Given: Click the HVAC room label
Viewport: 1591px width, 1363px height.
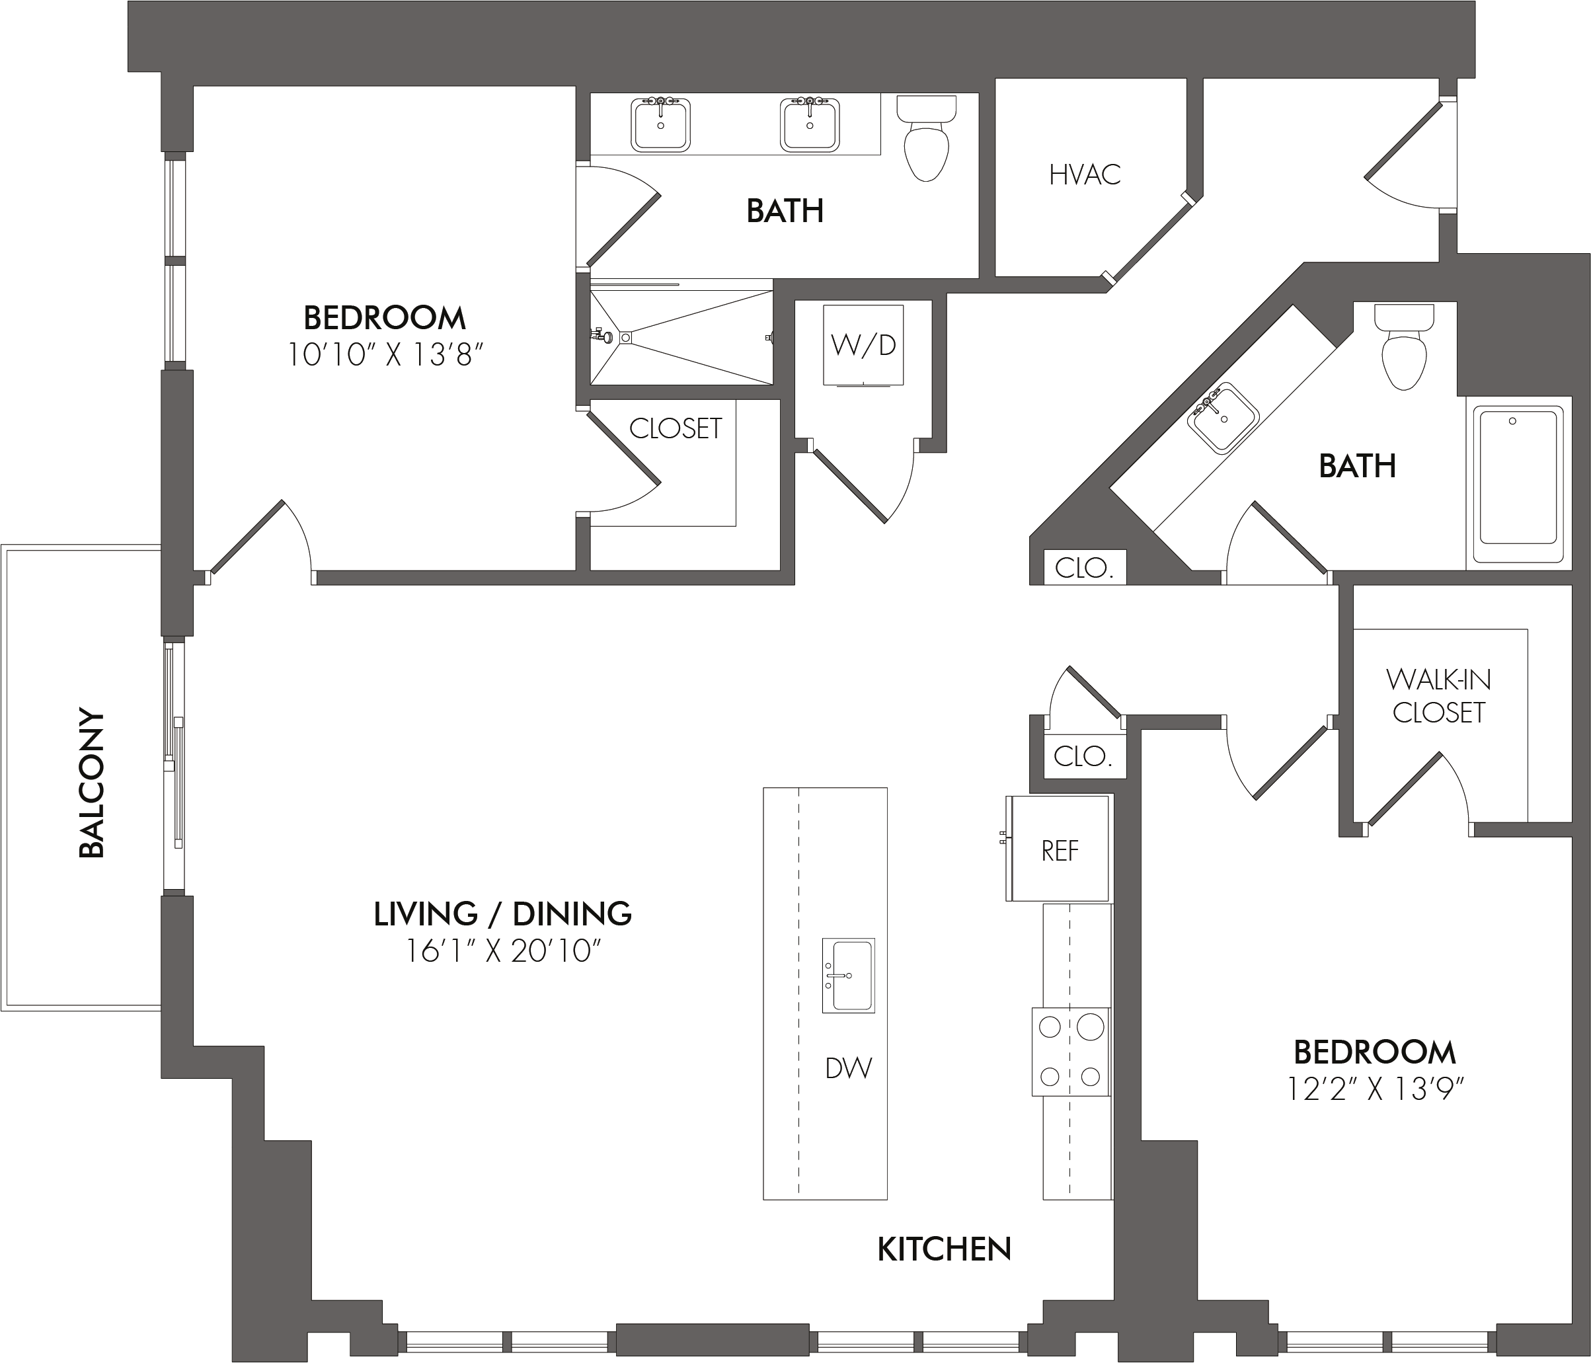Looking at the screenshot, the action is click(1084, 175).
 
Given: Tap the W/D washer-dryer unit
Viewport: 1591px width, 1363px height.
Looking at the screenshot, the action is click(863, 345).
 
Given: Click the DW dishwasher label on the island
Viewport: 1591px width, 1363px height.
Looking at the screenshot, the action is click(849, 1068).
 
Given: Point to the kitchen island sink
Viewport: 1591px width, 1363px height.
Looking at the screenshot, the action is click(849, 975).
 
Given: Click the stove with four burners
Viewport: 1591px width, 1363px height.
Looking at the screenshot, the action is click(1070, 1051).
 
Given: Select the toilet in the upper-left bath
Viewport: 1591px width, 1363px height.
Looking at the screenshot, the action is click(927, 138).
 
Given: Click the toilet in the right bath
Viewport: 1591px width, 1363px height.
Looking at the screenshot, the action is click(1405, 347).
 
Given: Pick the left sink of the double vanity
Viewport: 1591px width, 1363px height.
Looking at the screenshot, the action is click(660, 124).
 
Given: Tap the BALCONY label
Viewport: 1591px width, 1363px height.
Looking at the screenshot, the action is click(91, 783).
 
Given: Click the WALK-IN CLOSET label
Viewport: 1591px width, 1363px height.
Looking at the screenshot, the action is click(1438, 695).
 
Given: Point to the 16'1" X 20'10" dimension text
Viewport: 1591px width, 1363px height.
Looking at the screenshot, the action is click(502, 952).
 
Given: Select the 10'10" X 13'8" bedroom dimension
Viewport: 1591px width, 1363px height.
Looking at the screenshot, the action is click(385, 356).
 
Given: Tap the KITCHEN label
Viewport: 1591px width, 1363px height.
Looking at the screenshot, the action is click(944, 1249).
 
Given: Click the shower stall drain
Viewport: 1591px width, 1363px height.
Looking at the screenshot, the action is click(626, 336).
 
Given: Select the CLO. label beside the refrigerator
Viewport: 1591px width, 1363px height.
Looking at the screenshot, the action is click(1083, 756).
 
